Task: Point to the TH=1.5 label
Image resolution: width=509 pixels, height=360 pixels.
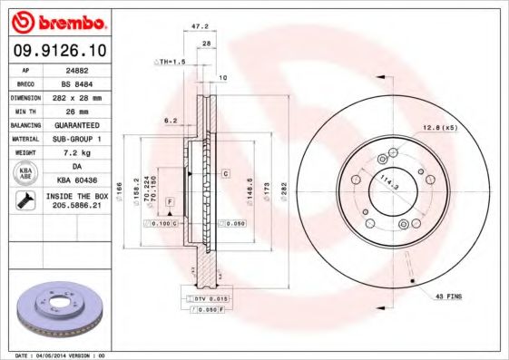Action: pyautogui.click(x=169, y=61)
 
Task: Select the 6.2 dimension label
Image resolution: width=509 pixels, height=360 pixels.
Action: pyautogui.click(x=170, y=120)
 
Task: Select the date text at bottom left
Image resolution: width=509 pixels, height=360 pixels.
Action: pyautogui.click(x=62, y=355)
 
